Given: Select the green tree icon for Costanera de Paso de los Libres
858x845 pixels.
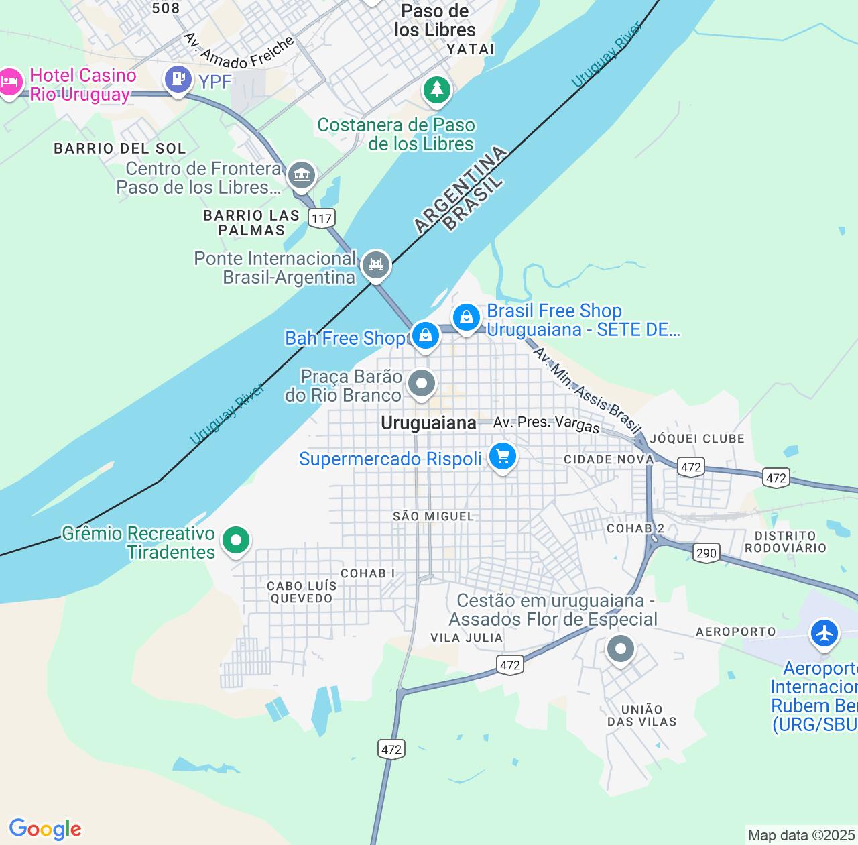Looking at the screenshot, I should (x=437, y=89).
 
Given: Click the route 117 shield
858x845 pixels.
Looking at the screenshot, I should (x=322, y=218).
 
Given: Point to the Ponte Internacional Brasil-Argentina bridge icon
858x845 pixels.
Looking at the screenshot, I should (x=376, y=265).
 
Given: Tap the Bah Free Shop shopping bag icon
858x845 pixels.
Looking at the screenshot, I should (x=425, y=335).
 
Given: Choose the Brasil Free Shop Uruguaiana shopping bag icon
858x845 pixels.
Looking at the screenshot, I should (x=467, y=317).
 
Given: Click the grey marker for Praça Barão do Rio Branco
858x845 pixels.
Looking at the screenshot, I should (x=422, y=384).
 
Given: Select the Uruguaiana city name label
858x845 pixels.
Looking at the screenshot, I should (x=428, y=423).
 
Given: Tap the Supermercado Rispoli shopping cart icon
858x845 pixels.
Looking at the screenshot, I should (x=503, y=457).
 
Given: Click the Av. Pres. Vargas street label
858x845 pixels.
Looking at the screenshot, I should (x=546, y=424).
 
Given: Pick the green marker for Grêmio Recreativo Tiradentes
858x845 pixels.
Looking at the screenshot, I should (x=235, y=540).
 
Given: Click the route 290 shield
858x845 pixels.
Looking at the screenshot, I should (x=706, y=553).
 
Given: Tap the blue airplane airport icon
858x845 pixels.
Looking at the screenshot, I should (x=824, y=633).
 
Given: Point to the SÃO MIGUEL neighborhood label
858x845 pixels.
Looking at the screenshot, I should (x=433, y=516).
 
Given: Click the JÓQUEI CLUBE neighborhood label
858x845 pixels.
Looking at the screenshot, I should (x=697, y=439).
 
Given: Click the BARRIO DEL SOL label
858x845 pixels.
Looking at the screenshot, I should (x=119, y=148).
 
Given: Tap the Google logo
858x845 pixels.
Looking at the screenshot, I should (x=45, y=829).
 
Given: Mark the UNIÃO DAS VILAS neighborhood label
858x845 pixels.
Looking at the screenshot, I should (x=641, y=716).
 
